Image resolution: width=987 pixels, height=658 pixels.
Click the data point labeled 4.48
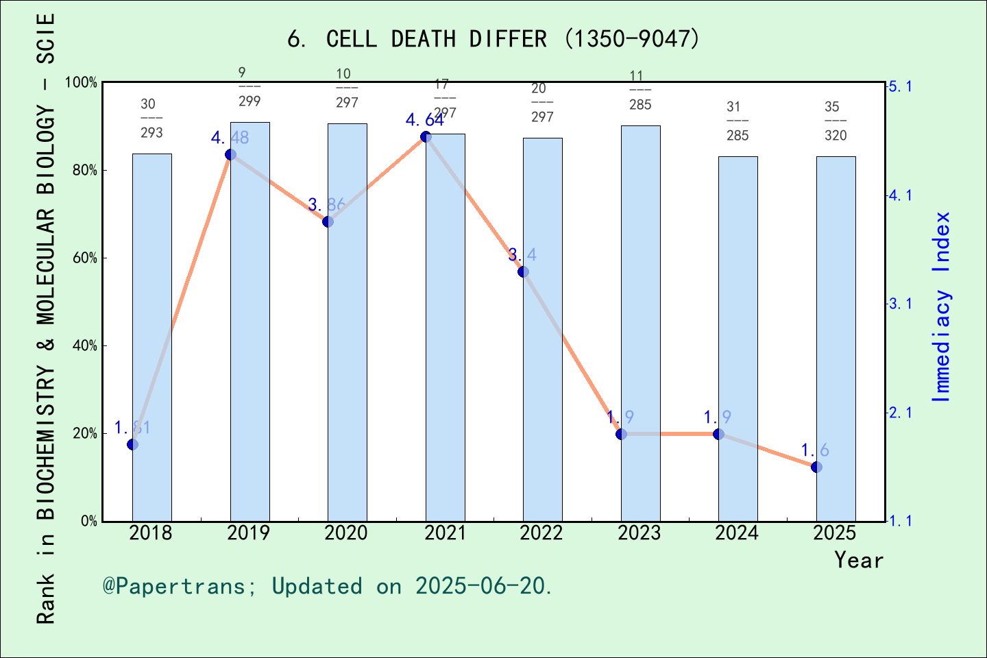point(230,154)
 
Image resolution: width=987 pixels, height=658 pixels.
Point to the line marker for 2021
point(426,136)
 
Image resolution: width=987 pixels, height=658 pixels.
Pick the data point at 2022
point(523,271)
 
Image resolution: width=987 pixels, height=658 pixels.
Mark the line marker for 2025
point(816,467)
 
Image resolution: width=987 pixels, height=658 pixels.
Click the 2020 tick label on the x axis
point(346,533)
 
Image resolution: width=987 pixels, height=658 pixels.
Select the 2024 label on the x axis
point(737,533)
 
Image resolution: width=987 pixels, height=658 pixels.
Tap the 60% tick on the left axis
point(85,258)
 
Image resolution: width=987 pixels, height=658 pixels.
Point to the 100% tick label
point(81,83)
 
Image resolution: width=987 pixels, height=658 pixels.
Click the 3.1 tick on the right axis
point(900,304)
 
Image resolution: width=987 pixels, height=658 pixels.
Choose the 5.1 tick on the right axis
point(900,86)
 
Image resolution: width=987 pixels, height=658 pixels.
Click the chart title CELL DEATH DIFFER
point(493,39)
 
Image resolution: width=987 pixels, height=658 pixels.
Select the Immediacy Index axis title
point(942,306)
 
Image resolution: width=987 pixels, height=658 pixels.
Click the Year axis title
point(858,560)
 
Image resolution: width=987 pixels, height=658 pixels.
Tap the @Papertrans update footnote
point(328,586)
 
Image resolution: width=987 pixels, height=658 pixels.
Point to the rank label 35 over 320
point(836,121)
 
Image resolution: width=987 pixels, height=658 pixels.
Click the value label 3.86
point(326,204)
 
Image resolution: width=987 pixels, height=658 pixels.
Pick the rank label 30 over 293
point(151,118)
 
